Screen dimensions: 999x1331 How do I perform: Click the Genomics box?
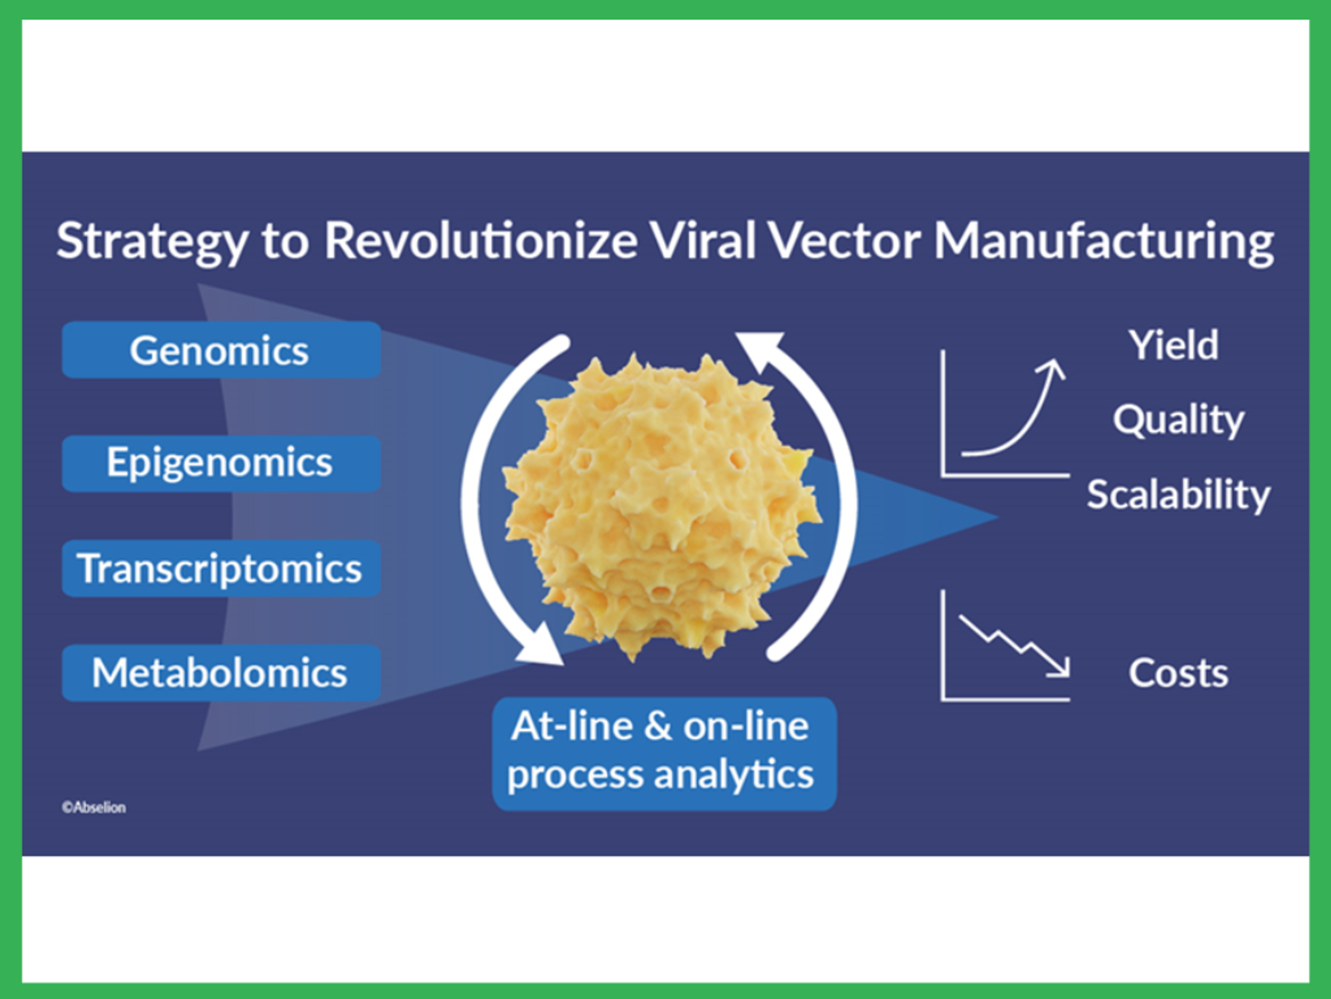click(221, 350)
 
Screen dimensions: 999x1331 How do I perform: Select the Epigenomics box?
click(221, 463)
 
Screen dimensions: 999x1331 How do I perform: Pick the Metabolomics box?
click(221, 673)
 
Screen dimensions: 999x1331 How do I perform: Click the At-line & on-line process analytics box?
click(664, 753)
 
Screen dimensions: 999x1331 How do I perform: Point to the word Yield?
click(1173, 345)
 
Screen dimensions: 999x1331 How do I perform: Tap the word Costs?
click(1177, 673)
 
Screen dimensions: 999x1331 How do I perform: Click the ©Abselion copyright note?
click(94, 808)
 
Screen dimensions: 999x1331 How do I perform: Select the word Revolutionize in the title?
click(480, 241)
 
